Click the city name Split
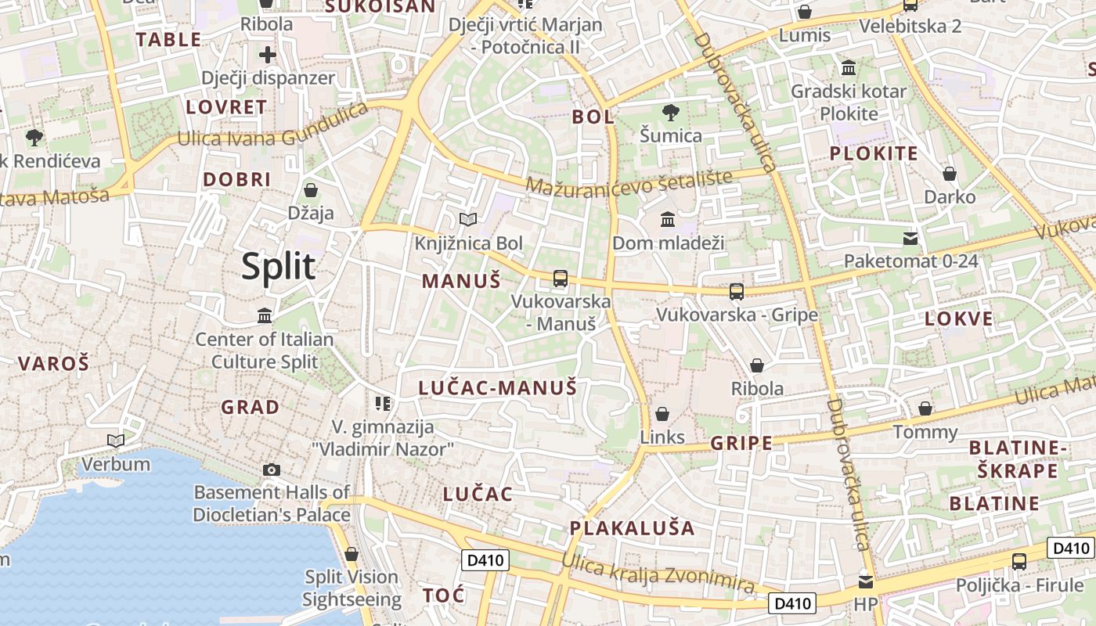tap(278, 267)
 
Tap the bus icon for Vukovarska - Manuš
tap(560, 278)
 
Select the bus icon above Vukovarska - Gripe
tap(736, 292)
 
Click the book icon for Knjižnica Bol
tap(468, 220)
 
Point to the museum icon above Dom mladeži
tap(668, 220)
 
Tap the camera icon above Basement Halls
tap(272, 469)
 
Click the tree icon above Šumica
tap(670, 113)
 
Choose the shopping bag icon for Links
tap(662, 414)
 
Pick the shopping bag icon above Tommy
tap(925, 408)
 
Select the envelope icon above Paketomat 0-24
tap(910, 238)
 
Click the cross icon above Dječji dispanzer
tap(268, 55)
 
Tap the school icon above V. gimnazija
tap(383, 404)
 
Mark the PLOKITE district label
tap(873, 153)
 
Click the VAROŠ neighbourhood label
tap(53, 363)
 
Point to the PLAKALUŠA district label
tap(632, 528)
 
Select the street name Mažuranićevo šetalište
tap(629, 182)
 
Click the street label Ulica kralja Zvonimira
tap(658, 573)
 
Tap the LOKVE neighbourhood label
tap(958, 318)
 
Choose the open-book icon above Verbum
tap(116, 441)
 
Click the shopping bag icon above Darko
tap(950, 174)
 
